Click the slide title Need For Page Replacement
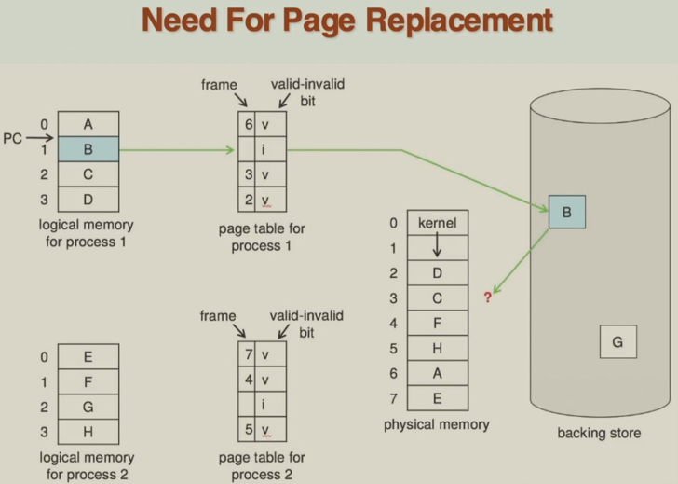pos(346,21)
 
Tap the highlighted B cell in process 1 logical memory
pos(88,148)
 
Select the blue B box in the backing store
pos(566,213)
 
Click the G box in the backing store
pos(617,342)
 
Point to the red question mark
pos(486,297)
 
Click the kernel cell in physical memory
pos(436,224)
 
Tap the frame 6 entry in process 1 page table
pos(249,124)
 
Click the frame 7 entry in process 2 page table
pos(249,355)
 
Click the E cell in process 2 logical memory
pos(88,356)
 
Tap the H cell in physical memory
pos(436,348)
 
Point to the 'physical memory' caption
pos(436,425)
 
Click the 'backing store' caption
pos(598,434)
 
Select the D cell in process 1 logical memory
pos(88,199)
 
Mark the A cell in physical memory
pos(436,373)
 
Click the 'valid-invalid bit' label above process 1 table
pos(306,91)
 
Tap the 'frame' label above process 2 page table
pos(217,317)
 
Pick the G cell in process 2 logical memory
pos(88,407)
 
